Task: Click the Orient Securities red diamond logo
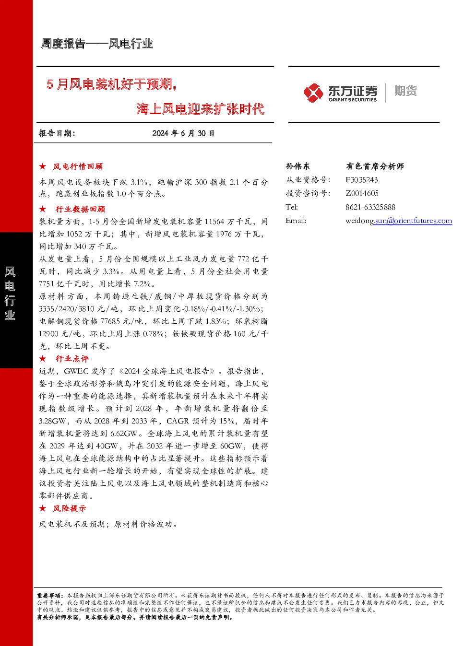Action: pos(313,93)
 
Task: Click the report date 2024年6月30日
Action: pos(183,133)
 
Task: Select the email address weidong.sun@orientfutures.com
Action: pos(399,221)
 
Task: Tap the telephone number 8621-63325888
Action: pos(370,207)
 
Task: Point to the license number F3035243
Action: pos(362,180)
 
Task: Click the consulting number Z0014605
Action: pos(362,193)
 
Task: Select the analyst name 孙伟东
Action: pos(297,166)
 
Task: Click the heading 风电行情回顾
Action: pos(78,166)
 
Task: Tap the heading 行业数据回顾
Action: pos(80,209)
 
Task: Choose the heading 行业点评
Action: pos(72,359)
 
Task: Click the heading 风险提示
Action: pos(70,508)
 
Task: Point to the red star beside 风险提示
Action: pos(43,508)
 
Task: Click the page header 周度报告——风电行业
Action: pos(97,44)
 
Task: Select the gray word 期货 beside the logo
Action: pos(405,91)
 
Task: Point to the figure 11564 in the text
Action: pos(214,222)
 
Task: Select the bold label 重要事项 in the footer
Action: pos(49,595)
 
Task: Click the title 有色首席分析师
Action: pos(375,166)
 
